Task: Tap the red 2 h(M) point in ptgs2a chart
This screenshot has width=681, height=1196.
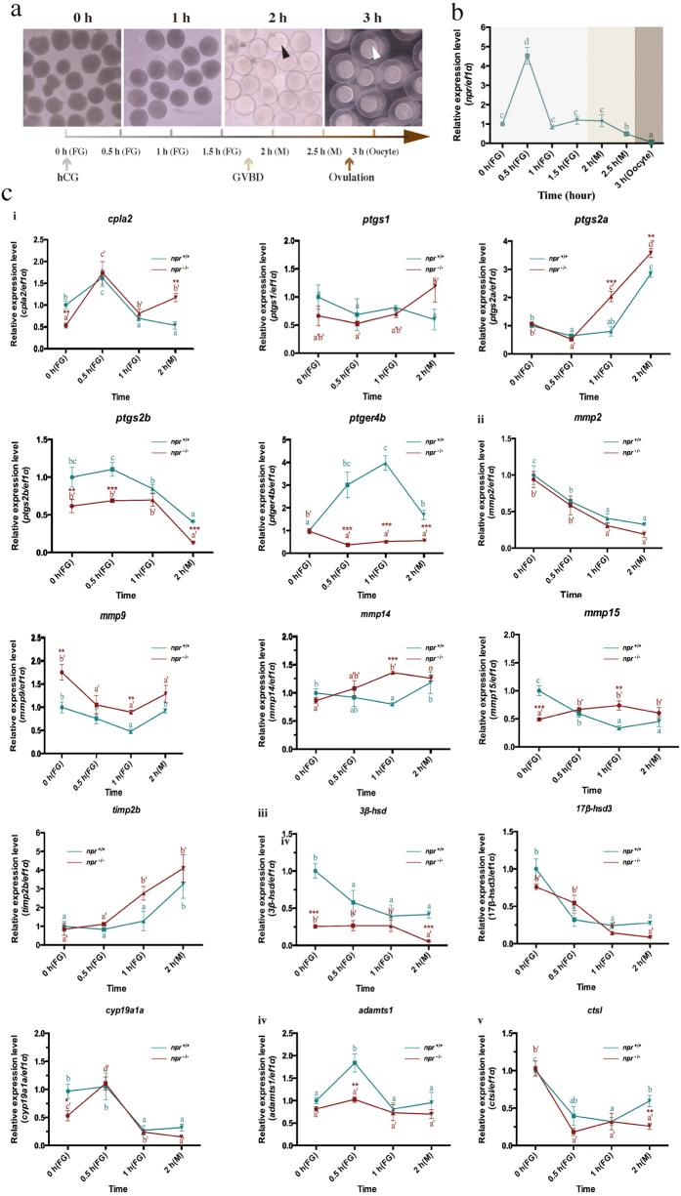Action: click(x=648, y=253)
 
